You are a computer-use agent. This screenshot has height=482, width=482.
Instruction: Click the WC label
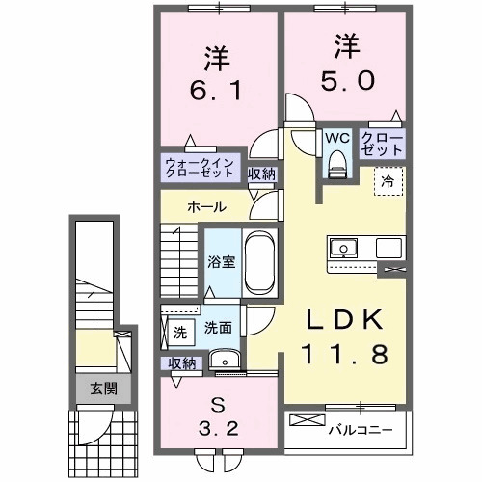[336, 138]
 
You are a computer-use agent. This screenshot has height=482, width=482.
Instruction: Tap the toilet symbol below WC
[336, 166]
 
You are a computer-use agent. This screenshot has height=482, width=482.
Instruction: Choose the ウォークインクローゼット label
[199, 168]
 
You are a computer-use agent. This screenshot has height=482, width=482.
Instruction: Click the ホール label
[207, 206]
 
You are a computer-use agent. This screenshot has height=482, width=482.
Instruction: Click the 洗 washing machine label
[180, 332]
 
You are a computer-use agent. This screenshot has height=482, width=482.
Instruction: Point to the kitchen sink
[344, 249]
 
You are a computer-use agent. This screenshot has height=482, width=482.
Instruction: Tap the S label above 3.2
[220, 404]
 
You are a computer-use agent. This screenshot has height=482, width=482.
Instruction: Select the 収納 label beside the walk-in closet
[261, 174]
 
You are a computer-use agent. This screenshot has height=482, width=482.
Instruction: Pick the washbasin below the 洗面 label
[226, 361]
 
